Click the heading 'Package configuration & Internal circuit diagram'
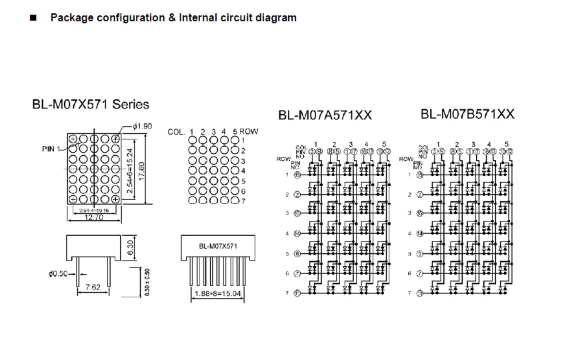(173, 18)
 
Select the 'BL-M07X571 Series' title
(91, 104)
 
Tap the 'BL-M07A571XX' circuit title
(325, 115)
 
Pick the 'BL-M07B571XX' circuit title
(467, 114)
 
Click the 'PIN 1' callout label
(52, 148)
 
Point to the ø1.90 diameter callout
(143, 126)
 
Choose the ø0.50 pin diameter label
(59, 273)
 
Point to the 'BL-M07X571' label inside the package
(219, 245)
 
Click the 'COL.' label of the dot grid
(176, 131)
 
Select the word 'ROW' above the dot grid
(249, 131)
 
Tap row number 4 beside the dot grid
(244, 171)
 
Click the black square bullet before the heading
(33, 19)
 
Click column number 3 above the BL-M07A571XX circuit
(351, 144)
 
